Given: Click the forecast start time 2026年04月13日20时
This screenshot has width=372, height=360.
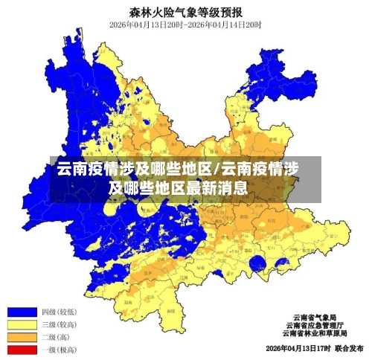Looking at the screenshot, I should pos(145,25).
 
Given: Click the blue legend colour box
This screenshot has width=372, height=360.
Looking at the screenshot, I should pos(22,311).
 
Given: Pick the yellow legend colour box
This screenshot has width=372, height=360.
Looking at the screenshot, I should pos(22,324).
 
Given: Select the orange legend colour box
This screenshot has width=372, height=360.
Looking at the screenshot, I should pos(22,336).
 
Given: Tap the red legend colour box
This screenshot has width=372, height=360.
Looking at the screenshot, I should pos(22,349).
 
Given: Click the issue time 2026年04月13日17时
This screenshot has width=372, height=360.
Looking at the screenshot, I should pos(296,348).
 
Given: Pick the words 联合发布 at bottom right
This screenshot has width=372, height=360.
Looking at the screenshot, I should pos(348,348).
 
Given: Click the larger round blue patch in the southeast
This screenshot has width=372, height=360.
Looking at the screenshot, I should pos(259,263).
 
